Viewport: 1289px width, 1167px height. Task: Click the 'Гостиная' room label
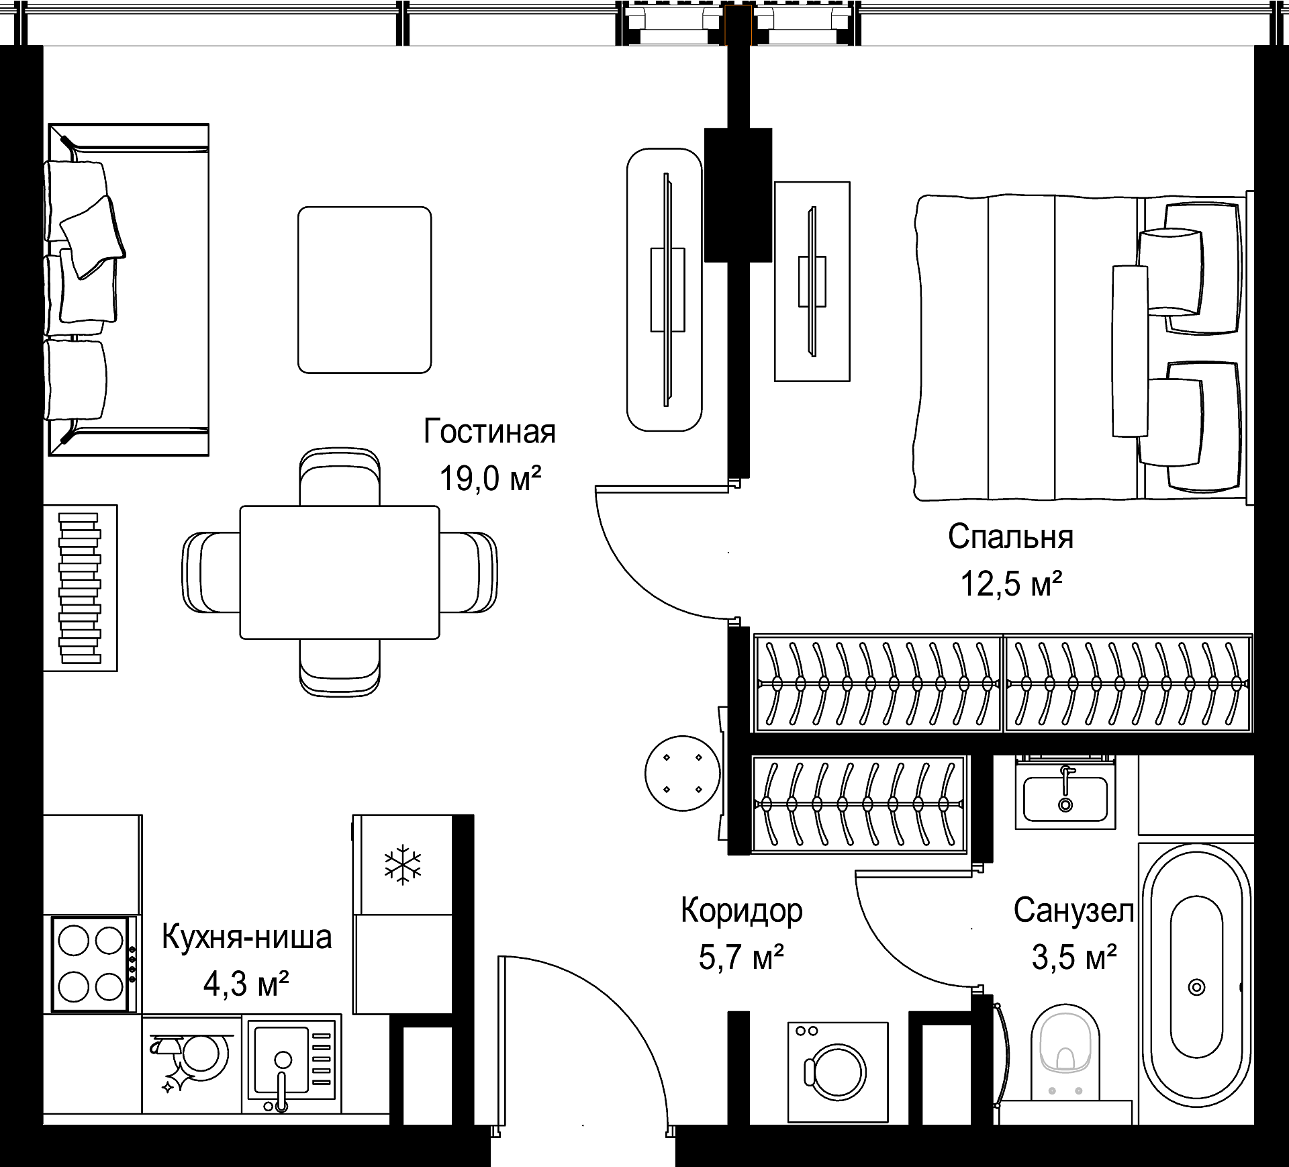[x=489, y=432]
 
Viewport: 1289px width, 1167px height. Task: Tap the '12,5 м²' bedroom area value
[x=1011, y=583]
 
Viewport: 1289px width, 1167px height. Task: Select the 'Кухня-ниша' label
[x=247, y=937]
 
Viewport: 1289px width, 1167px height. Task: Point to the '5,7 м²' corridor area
[x=741, y=957]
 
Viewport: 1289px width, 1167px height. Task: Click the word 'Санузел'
[x=1073, y=911]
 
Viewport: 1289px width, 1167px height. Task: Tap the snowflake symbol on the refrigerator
[x=403, y=865]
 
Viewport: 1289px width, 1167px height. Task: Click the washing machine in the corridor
[x=838, y=1072]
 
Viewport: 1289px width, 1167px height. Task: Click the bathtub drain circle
[x=1196, y=987]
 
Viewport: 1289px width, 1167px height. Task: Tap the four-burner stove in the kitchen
[x=91, y=964]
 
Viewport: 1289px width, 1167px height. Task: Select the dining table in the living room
[x=340, y=572]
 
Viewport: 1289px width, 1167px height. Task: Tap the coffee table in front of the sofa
[x=365, y=289]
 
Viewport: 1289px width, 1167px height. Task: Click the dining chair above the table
[x=340, y=476]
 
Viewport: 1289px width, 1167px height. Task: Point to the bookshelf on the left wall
[x=81, y=588]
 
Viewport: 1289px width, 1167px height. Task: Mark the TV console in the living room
[x=665, y=289]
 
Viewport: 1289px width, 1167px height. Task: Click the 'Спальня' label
[x=1011, y=537]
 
